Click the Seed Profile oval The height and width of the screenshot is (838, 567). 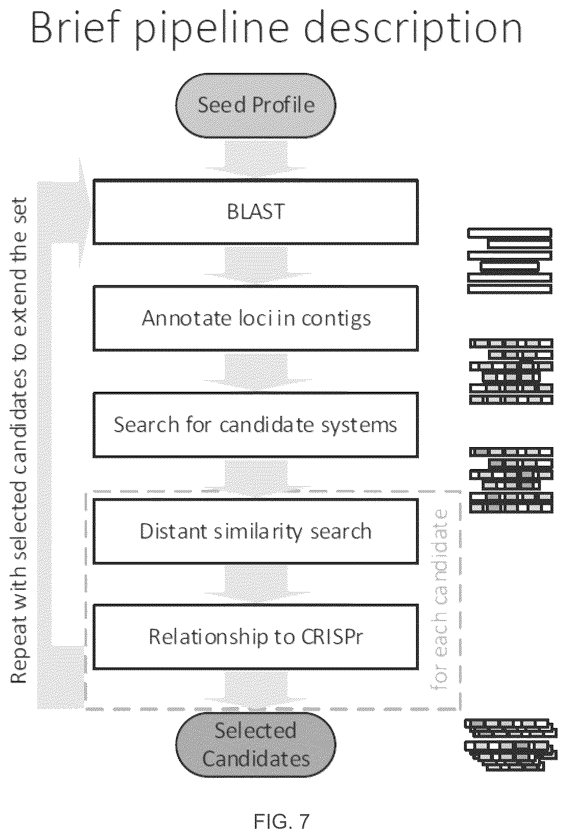[256, 105]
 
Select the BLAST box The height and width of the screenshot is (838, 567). [255, 212]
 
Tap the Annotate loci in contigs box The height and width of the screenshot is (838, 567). [255, 318]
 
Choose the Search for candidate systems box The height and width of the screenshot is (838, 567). [255, 425]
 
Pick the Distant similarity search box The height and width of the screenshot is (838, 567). [255, 531]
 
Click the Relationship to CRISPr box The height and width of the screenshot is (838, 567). [255, 637]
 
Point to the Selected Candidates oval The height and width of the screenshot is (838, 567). [256, 745]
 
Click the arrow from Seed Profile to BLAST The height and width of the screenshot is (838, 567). [256, 158]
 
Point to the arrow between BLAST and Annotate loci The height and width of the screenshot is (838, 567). [256, 265]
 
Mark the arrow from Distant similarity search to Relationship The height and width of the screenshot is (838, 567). [256, 584]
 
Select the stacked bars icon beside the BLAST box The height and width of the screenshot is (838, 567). [510, 260]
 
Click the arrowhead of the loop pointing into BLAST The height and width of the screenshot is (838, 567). [86, 212]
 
